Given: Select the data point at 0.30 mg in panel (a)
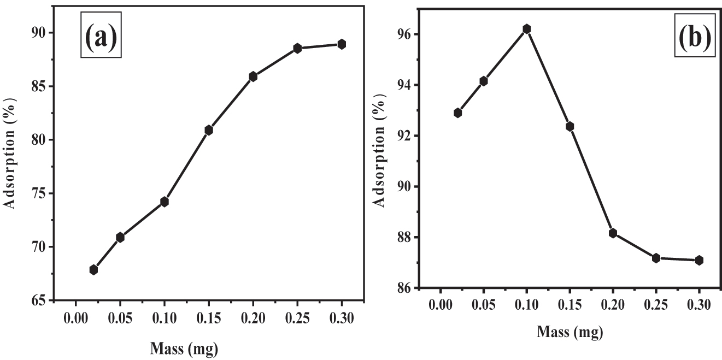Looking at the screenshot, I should (x=342, y=44).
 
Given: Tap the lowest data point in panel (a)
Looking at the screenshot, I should (x=93, y=270).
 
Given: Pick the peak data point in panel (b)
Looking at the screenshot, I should (x=526, y=29).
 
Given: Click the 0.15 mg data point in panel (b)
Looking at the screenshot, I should (x=570, y=127).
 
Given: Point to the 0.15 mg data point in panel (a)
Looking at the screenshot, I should (x=209, y=130).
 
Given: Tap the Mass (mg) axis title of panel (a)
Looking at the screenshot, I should (x=184, y=349).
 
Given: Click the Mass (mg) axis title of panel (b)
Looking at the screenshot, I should (x=570, y=332).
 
